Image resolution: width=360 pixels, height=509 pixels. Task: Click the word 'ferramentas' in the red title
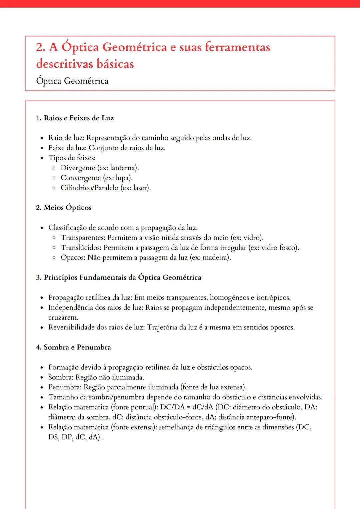click(x=237, y=47)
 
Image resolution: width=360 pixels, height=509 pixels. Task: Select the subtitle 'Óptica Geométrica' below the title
click(x=72, y=81)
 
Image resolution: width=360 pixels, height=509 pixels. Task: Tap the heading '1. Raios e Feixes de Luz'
click(x=75, y=118)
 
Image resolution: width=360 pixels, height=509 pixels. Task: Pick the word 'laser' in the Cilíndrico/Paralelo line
click(x=140, y=188)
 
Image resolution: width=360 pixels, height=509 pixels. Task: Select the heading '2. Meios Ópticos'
click(x=64, y=208)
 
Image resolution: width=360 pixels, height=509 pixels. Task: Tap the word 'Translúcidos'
click(x=81, y=248)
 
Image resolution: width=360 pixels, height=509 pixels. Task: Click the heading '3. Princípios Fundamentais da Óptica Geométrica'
click(x=119, y=277)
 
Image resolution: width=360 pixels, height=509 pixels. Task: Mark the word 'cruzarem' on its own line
click(x=63, y=317)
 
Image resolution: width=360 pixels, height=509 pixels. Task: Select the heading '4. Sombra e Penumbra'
click(x=73, y=347)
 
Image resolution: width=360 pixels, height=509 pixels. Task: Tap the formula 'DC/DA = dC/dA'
click(x=186, y=407)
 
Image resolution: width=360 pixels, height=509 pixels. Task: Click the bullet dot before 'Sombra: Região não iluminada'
click(x=42, y=378)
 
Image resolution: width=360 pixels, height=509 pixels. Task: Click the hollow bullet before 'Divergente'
click(x=54, y=168)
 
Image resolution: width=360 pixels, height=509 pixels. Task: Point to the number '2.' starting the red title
click(x=41, y=47)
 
